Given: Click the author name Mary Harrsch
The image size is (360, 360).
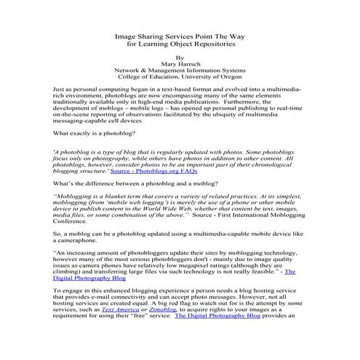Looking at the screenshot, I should click(180, 63).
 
